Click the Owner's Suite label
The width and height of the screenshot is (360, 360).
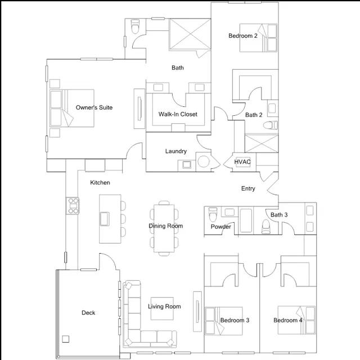98,107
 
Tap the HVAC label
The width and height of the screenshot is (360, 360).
242,162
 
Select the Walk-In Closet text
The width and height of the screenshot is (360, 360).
178,114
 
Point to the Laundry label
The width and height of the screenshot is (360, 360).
176,151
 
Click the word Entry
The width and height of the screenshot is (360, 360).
248,188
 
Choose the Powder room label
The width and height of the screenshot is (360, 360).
221,227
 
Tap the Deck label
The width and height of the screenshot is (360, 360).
88,313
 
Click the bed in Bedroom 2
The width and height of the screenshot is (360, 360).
259,38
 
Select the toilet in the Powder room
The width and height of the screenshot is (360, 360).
213,215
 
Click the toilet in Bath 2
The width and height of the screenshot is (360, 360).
270,125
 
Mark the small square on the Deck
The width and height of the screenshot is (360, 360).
66,339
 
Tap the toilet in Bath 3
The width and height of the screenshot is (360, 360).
267,226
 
